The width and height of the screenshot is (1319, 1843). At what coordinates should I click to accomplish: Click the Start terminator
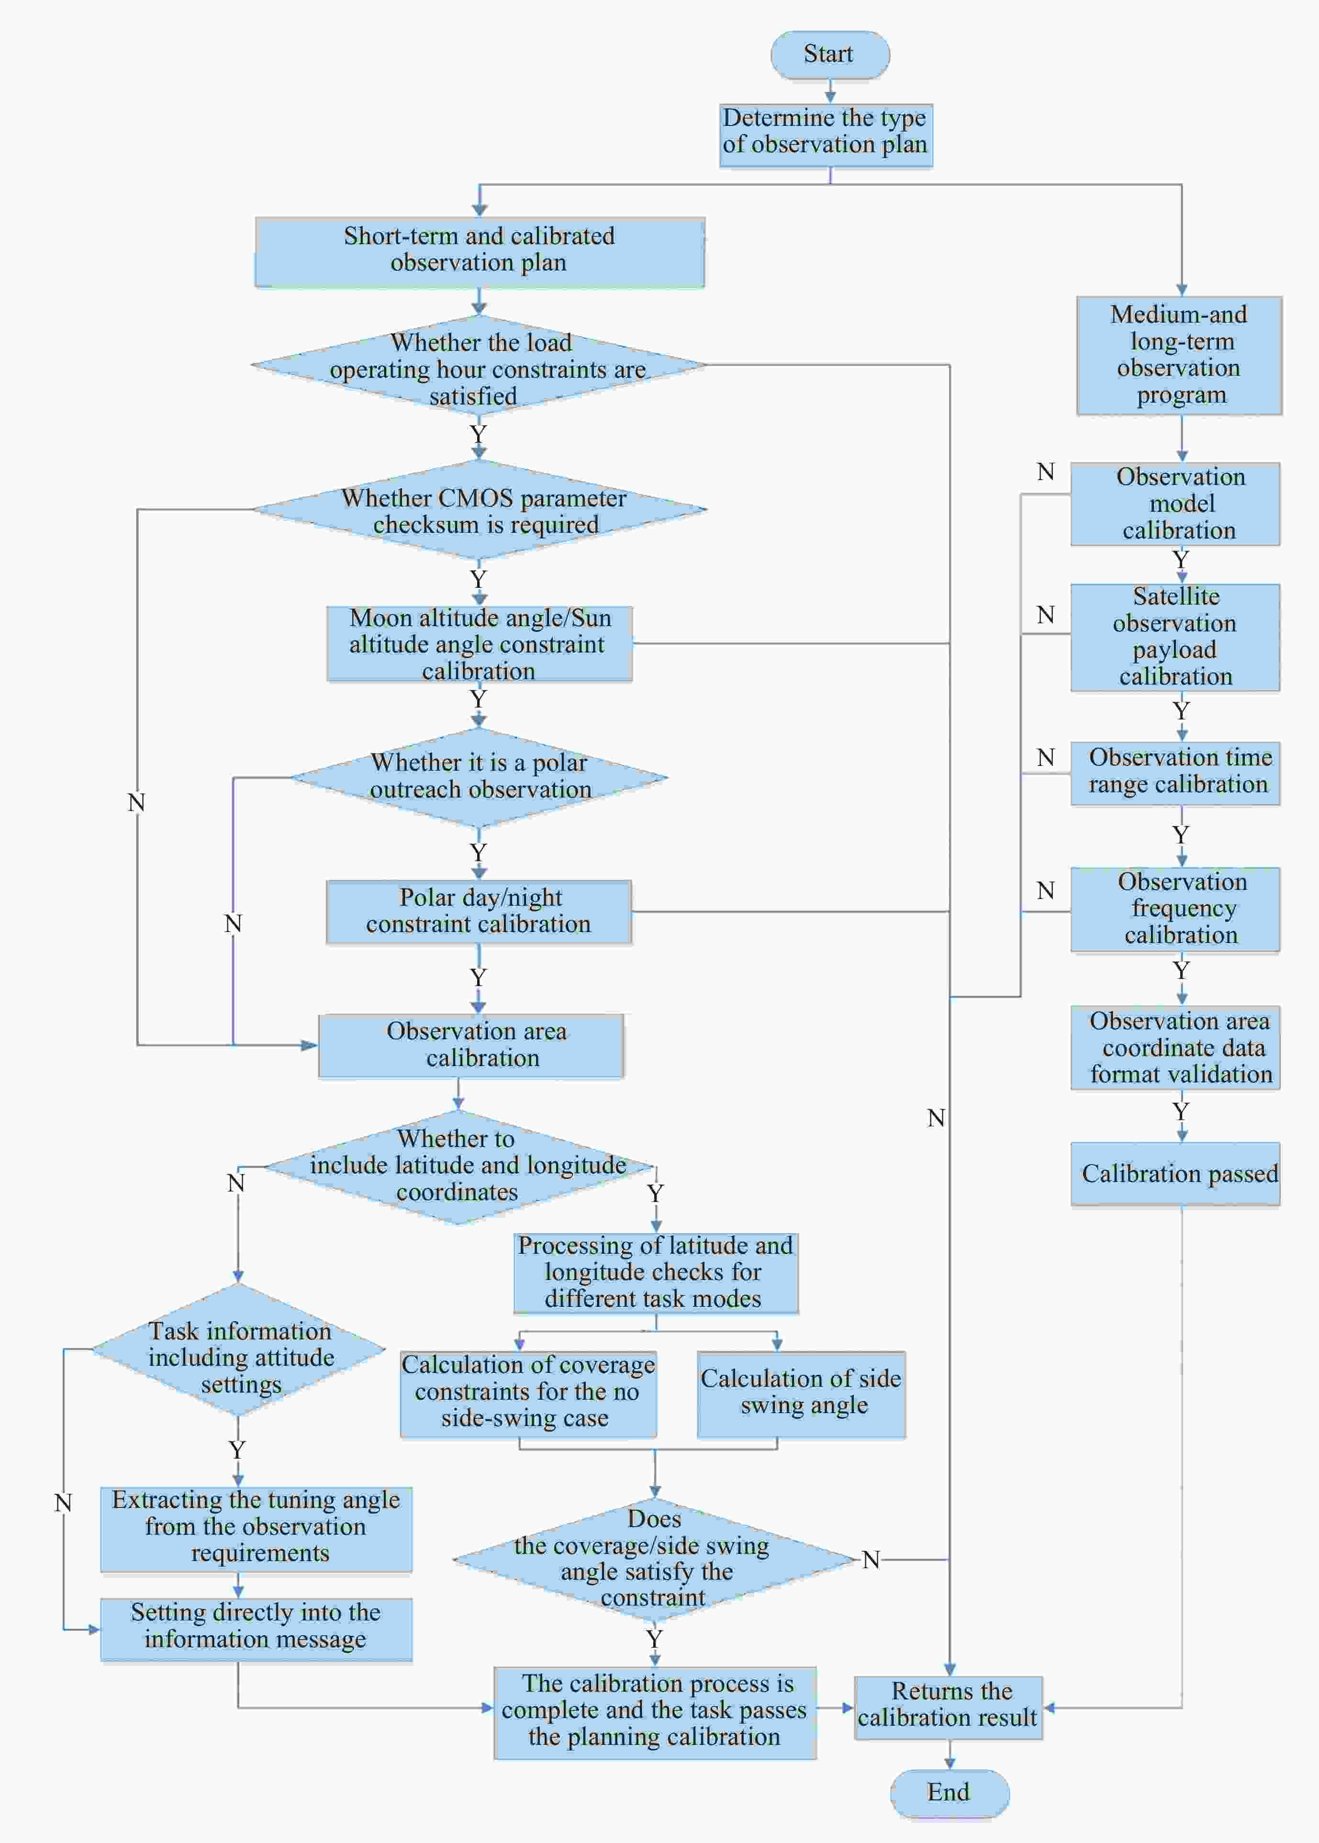tap(829, 55)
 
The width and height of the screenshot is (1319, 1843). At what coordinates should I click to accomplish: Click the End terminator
tap(950, 1793)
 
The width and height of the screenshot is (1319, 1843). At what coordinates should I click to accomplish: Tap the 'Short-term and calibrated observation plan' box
tap(479, 252)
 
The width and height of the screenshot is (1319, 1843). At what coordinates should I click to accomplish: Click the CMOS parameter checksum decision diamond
tap(479, 509)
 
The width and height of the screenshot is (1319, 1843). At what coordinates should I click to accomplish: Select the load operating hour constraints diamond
tap(479, 366)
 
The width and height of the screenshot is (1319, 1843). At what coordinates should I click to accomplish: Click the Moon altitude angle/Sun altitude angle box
tap(479, 643)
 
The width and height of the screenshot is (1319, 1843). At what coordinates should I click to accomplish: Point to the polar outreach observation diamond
tap(479, 777)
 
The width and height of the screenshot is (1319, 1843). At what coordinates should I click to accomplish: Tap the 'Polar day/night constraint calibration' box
tap(479, 911)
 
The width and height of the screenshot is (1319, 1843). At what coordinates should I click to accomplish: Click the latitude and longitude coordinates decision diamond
tap(459, 1167)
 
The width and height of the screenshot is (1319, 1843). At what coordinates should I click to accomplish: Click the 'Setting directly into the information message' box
tap(257, 1629)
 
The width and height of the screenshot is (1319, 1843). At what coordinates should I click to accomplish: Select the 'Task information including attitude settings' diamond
tap(238, 1349)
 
